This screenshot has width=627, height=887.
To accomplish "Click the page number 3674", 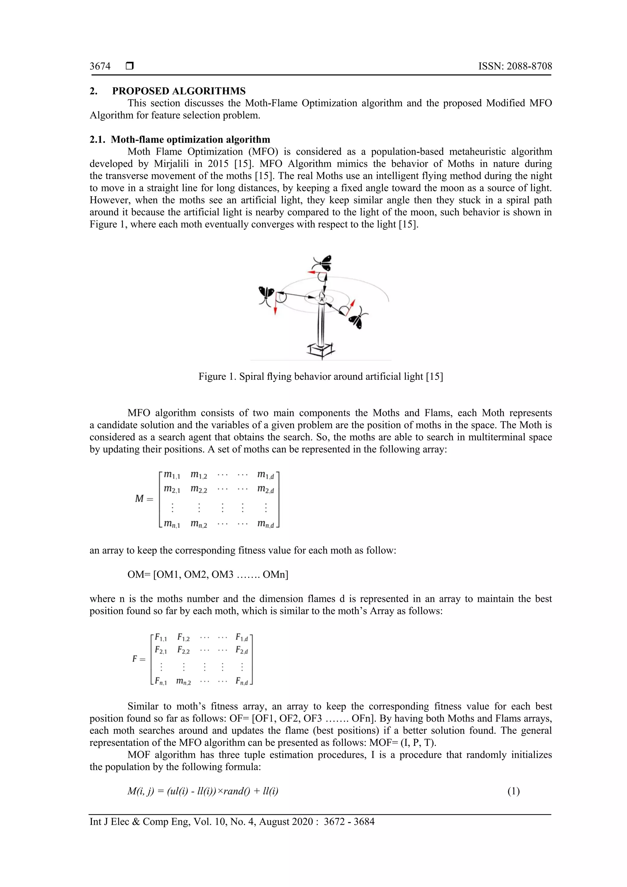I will [100, 66].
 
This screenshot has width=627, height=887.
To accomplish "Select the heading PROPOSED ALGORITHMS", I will [179, 91].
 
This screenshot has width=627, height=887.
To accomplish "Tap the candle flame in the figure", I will [321, 296].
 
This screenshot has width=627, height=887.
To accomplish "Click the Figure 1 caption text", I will [321, 377].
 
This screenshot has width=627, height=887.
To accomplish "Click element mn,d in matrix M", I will [266, 524].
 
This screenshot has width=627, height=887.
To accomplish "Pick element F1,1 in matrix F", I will [161, 637].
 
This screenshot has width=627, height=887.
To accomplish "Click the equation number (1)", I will [513, 791].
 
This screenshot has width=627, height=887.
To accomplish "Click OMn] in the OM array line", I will [275, 575].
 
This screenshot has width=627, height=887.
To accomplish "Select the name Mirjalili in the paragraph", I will [171, 164].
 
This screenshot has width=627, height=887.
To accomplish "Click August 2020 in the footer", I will [286, 821].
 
